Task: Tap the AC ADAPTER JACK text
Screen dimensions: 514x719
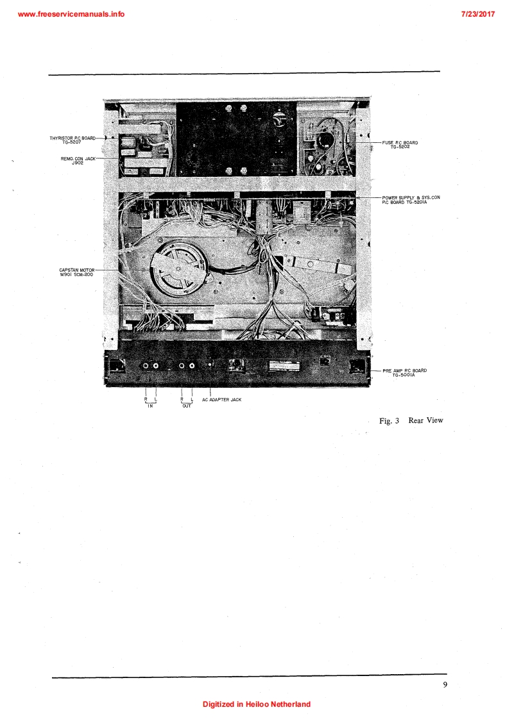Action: [x=226, y=399]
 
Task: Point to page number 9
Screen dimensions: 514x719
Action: [x=445, y=684]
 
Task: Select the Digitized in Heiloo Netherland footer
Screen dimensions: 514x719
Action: [x=257, y=704]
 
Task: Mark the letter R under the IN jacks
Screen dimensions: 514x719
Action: [x=146, y=399]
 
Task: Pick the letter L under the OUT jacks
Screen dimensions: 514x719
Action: [x=191, y=399]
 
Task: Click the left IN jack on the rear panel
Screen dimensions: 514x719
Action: [x=147, y=366]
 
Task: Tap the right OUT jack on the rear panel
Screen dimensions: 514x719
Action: [x=192, y=366]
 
